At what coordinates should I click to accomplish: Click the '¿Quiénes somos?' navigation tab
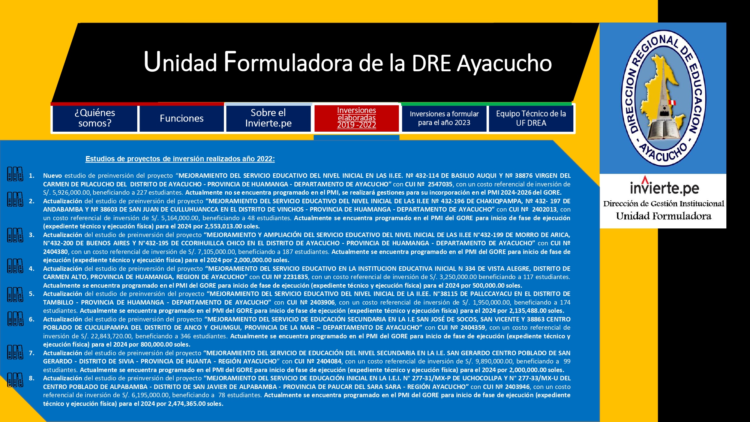point(95,119)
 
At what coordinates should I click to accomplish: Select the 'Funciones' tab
point(181,119)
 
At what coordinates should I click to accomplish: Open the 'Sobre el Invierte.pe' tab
point(268,119)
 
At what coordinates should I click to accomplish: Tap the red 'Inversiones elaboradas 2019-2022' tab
point(356,118)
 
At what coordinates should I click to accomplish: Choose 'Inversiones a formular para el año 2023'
point(444,119)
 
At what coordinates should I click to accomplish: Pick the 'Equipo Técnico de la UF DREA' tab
point(531,119)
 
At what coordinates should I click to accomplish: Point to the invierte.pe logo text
point(664,186)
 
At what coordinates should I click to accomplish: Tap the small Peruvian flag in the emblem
point(672,102)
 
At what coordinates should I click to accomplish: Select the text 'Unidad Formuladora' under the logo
point(663,216)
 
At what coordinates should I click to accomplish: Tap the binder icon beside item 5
point(15,294)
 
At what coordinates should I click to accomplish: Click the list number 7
point(31,353)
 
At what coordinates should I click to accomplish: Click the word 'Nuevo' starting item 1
point(52,176)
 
